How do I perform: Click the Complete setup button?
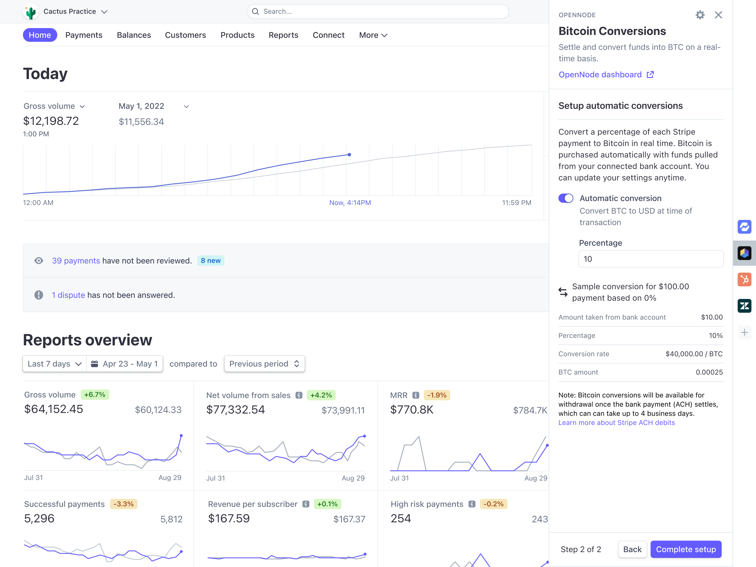(686, 549)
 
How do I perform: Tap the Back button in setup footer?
(632, 549)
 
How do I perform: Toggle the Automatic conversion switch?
(566, 198)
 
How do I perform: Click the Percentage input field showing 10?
(650, 259)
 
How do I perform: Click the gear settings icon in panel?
(700, 15)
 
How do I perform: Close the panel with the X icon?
(718, 15)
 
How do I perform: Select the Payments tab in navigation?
(84, 35)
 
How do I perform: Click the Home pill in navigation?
(40, 35)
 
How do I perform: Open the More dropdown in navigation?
(373, 35)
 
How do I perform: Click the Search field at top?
(378, 12)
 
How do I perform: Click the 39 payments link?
(76, 261)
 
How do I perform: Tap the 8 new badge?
(210, 261)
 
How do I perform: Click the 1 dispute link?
(68, 295)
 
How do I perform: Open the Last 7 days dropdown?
(54, 364)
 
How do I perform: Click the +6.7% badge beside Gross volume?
(95, 395)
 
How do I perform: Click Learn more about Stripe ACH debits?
(617, 423)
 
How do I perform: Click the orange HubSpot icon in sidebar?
(744, 279)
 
